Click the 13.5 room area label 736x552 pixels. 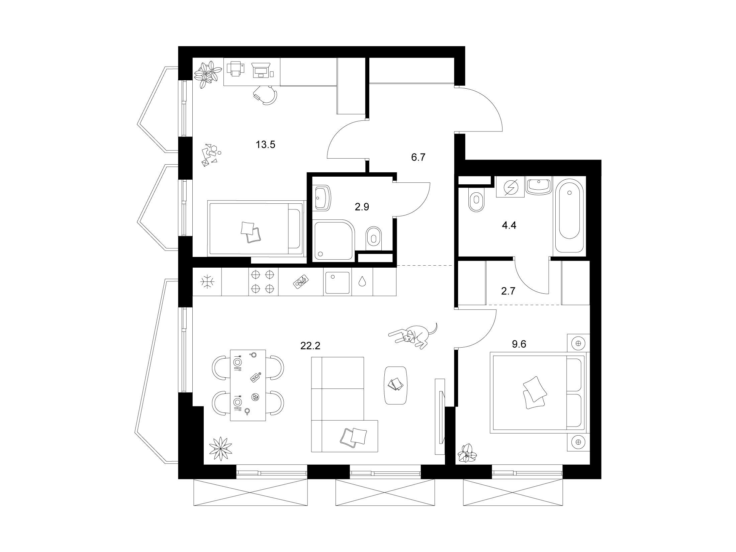click(x=265, y=145)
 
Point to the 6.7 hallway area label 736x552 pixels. click(x=418, y=157)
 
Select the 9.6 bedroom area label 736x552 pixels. click(x=519, y=344)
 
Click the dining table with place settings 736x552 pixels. click(x=248, y=385)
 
